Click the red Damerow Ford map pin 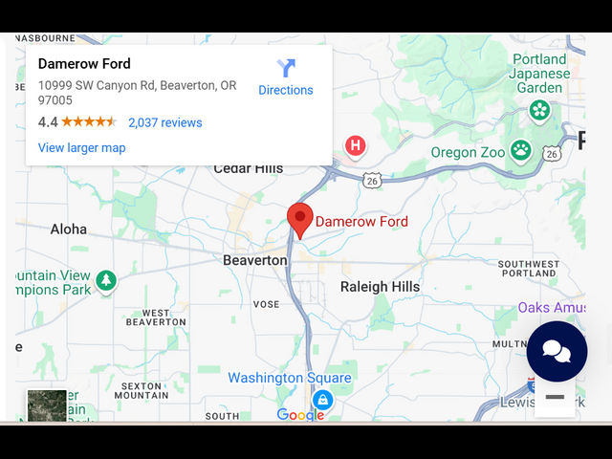coord(300,219)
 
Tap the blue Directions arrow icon coord(286,68)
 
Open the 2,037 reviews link coord(165,122)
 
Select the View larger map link coord(81,147)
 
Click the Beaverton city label coord(254,260)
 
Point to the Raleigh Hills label coord(380,287)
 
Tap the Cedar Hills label coord(248,168)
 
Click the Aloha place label coord(68,229)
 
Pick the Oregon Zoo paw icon coord(520,149)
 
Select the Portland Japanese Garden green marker coord(540,110)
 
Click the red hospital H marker coord(356,146)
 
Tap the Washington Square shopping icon coord(323,400)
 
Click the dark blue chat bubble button coord(557,351)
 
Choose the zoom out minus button coord(555,397)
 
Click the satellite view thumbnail coord(47,404)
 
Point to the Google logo coord(300,415)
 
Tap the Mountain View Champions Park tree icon coord(106,281)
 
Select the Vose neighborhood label coord(267,304)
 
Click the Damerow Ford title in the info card coord(84,64)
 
